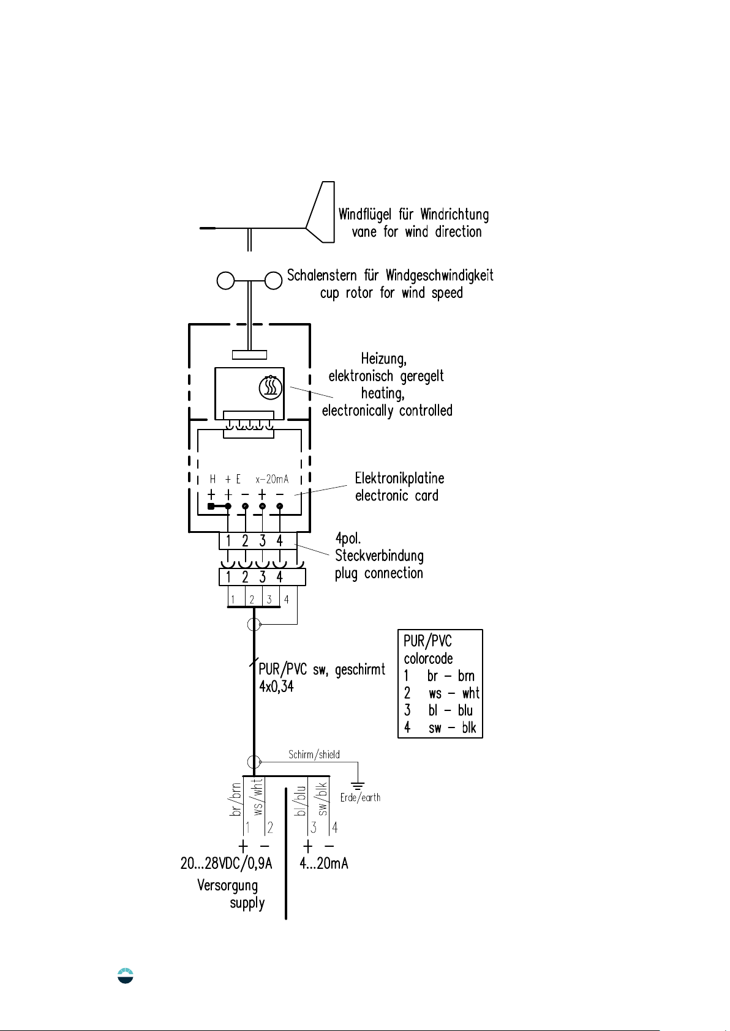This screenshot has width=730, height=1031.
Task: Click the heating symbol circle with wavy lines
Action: click(x=270, y=387)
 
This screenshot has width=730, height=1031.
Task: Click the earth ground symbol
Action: click(x=358, y=786)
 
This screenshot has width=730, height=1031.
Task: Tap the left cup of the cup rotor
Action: click(x=226, y=280)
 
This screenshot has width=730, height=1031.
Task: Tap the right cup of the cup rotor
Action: click(x=273, y=280)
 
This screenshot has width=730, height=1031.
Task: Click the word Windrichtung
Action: click(x=454, y=215)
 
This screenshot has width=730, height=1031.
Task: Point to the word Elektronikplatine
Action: click(x=399, y=478)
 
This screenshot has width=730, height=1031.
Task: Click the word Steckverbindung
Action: click(x=379, y=556)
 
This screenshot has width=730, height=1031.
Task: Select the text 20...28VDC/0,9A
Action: click(x=226, y=863)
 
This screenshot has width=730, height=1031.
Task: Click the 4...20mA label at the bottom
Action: click(x=324, y=863)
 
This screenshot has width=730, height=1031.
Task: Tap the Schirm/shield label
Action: click(x=314, y=754)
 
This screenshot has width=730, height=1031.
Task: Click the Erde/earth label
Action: click(x=360, y=798)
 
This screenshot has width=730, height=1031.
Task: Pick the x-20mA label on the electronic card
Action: click(x=272, y=479)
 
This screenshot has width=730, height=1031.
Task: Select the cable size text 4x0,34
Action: click(x=276, y=687)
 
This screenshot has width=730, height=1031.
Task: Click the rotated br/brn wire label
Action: click(x=235, y=800)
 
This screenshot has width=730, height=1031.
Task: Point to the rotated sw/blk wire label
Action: click(x=322, y=800)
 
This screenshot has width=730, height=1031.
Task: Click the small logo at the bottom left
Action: click(x=126, y=975)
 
